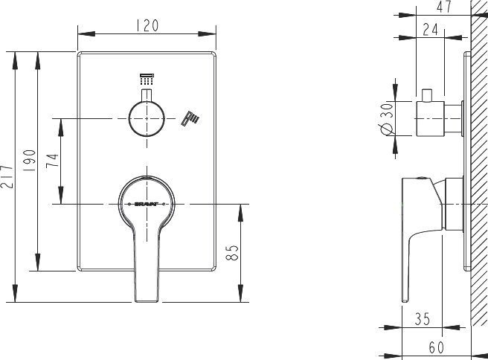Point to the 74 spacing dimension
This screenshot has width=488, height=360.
52,161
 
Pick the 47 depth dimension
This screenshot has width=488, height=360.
443,8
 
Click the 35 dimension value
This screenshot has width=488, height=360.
423,319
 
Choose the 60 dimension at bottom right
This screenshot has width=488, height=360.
437,347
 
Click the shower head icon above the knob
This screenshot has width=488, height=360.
146,77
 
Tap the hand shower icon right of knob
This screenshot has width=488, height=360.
192,118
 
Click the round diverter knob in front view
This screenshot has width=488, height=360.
147,119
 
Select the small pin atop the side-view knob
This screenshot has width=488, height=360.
428,96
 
